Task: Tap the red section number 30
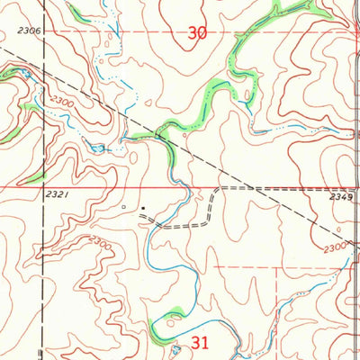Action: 198,33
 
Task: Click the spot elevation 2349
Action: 341,195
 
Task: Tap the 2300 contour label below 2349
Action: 334,247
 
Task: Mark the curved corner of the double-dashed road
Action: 215,192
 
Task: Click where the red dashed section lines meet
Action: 274,267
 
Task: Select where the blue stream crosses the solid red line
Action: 183,188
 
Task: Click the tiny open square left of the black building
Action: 125,207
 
